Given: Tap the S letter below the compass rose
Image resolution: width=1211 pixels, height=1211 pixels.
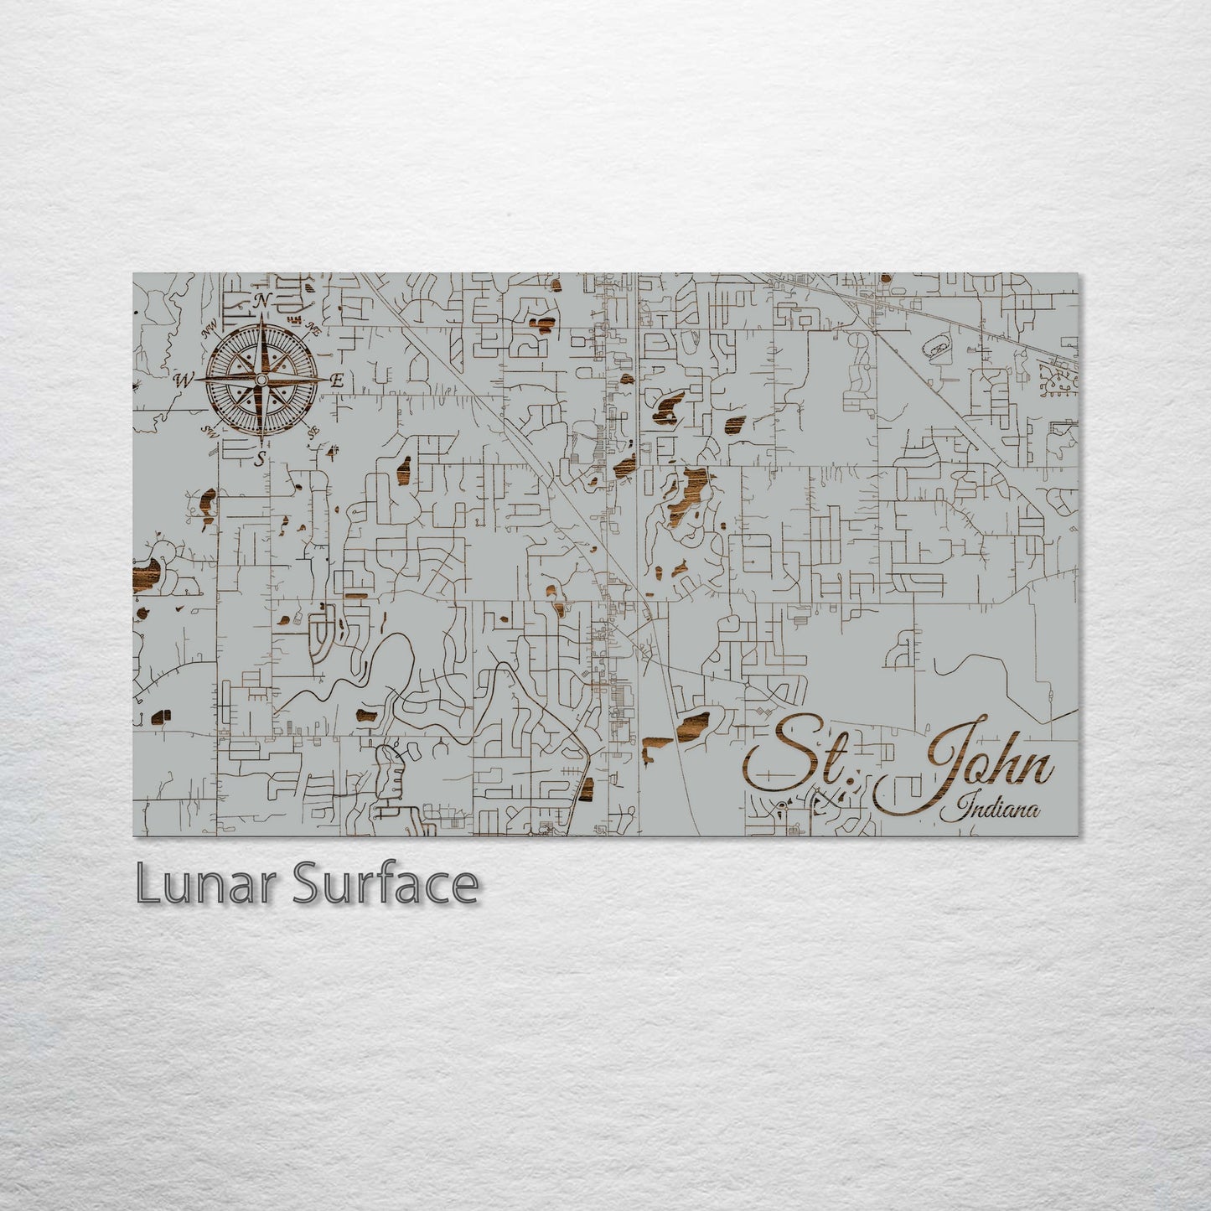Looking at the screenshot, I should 260,458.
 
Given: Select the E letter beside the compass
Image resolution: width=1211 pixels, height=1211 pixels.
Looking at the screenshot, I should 337,380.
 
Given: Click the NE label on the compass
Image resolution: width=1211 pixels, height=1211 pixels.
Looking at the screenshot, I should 313,327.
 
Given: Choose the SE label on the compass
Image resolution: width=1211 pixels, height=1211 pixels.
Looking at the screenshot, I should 313,432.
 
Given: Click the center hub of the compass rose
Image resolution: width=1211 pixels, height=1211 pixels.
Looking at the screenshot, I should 261,380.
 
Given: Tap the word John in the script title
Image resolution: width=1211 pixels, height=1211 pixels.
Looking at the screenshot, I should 964,767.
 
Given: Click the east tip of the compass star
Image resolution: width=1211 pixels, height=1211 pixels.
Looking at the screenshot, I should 329,380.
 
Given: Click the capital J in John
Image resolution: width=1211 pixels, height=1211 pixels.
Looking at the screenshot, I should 909,767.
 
